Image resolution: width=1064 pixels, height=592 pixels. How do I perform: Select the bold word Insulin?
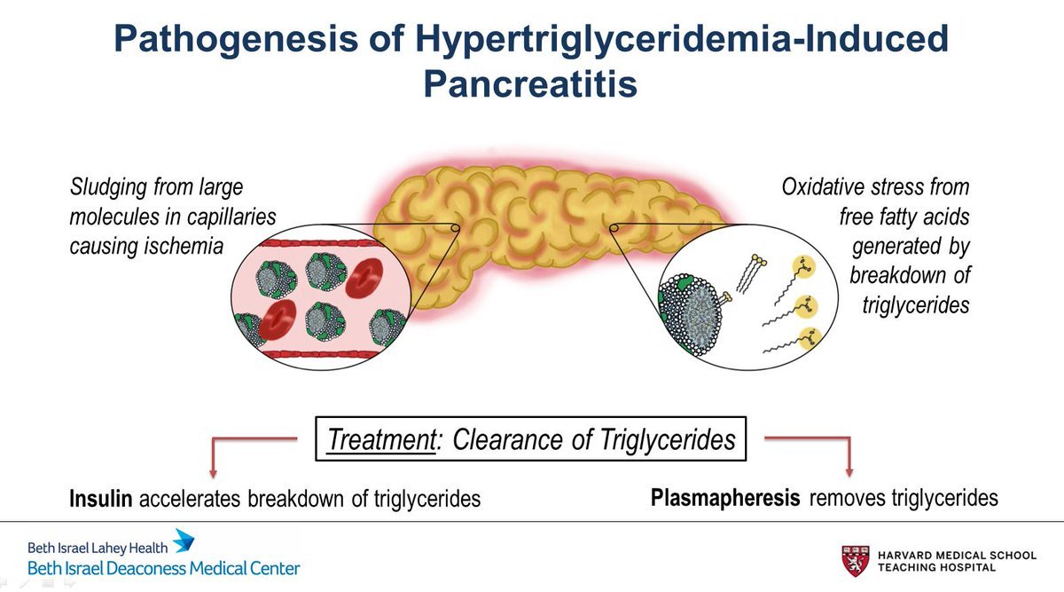click(101, 499)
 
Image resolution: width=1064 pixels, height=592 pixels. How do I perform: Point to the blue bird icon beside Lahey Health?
click(183, 541)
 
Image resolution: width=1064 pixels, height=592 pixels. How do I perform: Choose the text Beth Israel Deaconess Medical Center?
click(164, 568)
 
